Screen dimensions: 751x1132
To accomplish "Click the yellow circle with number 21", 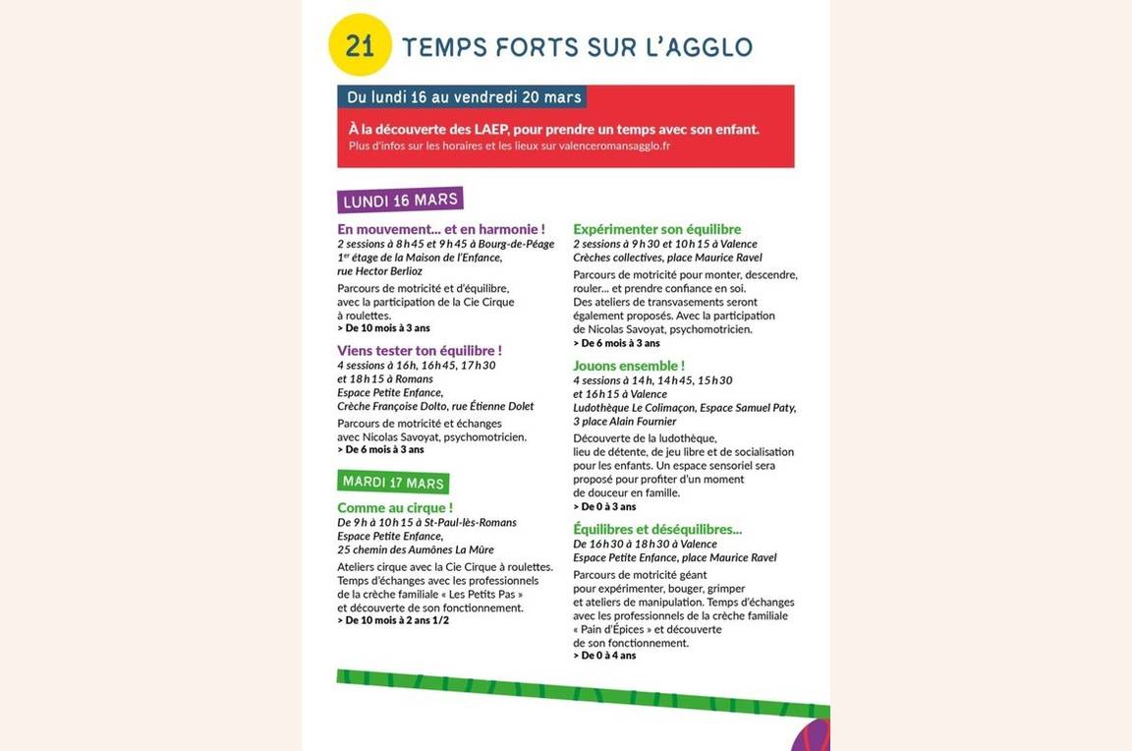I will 360,45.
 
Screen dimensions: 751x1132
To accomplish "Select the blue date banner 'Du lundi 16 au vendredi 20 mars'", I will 464,96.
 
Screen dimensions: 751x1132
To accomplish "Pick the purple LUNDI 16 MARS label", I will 400,201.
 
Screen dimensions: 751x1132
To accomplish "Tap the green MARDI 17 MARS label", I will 393,483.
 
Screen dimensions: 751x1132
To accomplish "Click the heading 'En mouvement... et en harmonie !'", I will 440,229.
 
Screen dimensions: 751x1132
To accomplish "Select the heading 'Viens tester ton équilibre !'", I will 420,350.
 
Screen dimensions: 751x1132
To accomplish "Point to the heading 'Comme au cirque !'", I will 395,507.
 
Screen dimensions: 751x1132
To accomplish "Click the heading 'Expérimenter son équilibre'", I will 657,229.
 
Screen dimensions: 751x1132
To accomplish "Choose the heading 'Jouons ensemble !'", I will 629,366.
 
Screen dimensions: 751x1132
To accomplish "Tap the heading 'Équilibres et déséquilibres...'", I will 657,529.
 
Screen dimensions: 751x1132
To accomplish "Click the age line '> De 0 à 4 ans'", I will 604,656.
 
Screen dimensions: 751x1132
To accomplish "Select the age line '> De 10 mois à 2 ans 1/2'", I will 393,620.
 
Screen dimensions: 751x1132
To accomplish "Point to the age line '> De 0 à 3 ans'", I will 604,506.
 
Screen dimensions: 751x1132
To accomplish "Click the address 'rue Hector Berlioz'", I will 379,271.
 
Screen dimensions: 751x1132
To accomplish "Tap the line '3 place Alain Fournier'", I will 625,422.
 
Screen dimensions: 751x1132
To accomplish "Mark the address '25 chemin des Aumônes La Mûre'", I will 416,549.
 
